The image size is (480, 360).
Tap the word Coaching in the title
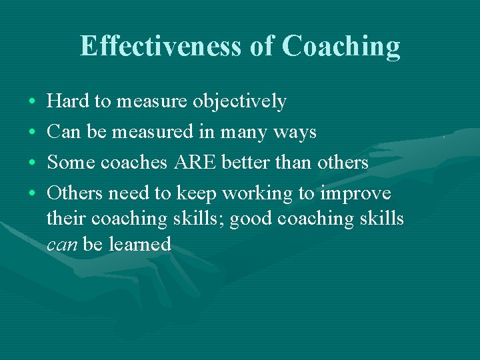[x=341, y=46]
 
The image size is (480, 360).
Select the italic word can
[x=62, y=244]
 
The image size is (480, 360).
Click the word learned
[x=140, y=244]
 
